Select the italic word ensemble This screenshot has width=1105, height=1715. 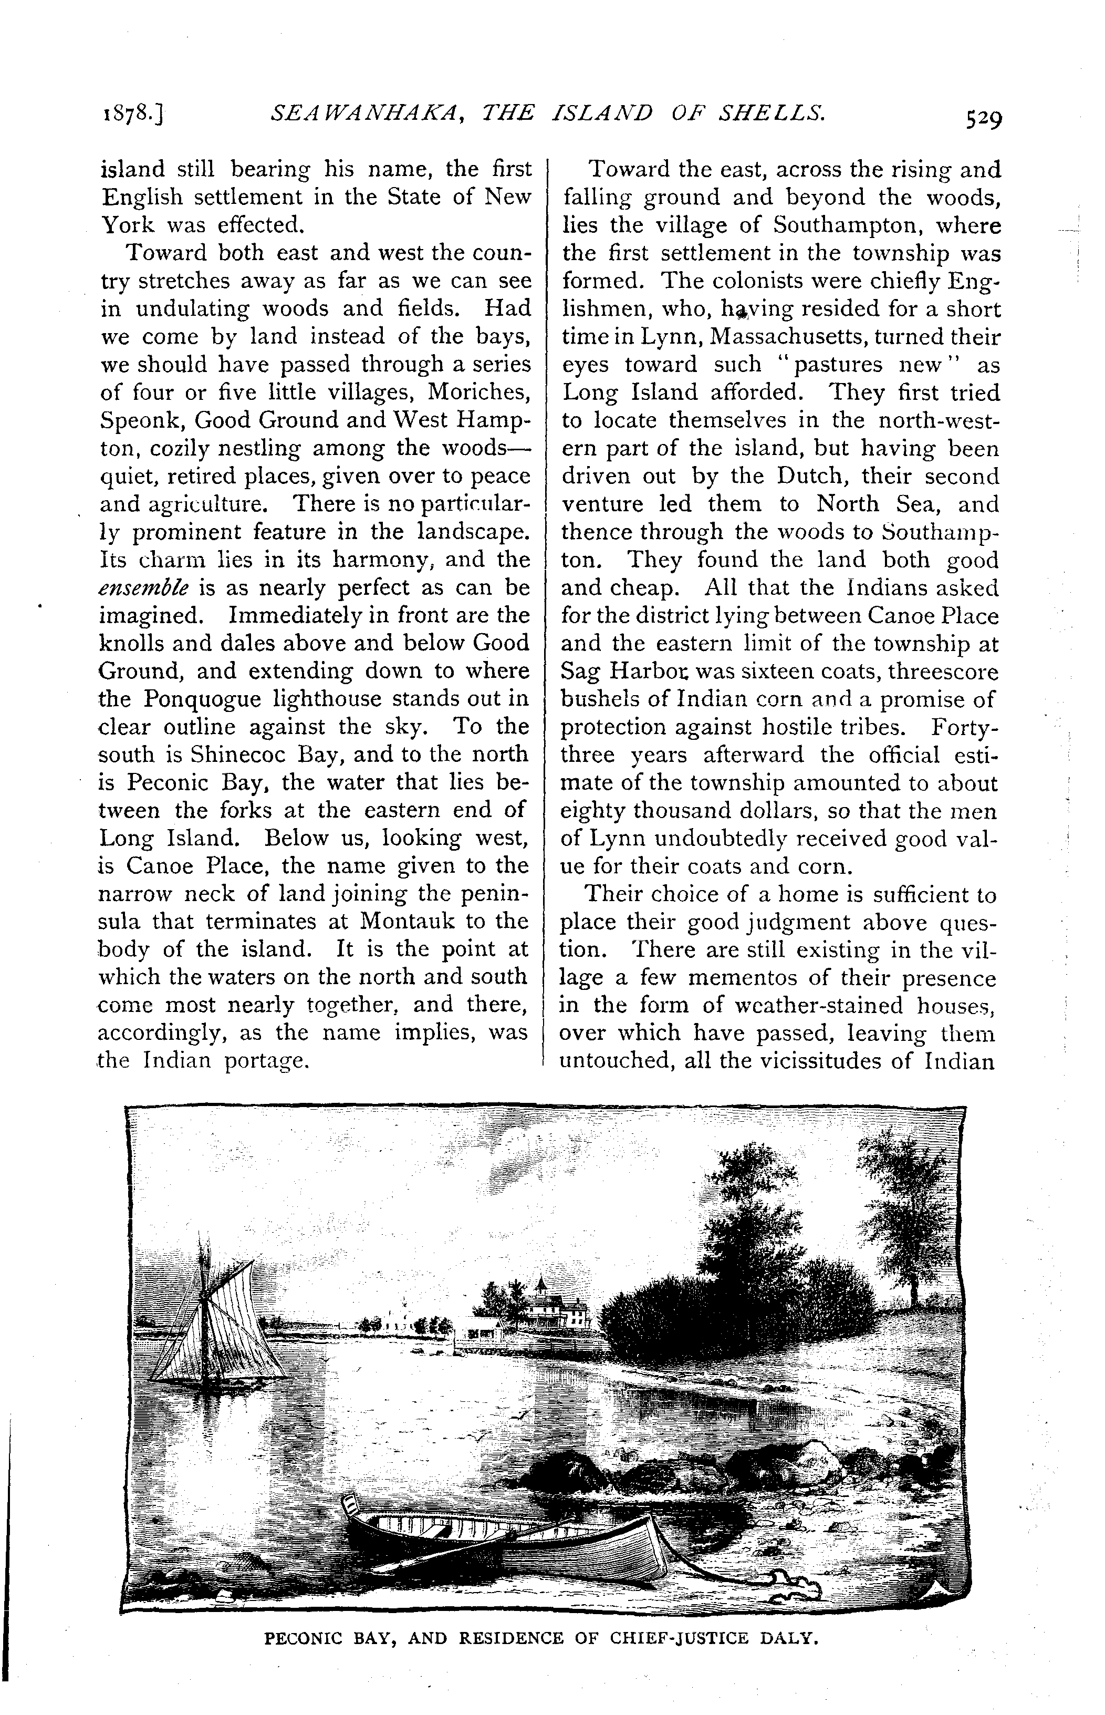[x=144, y=588]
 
